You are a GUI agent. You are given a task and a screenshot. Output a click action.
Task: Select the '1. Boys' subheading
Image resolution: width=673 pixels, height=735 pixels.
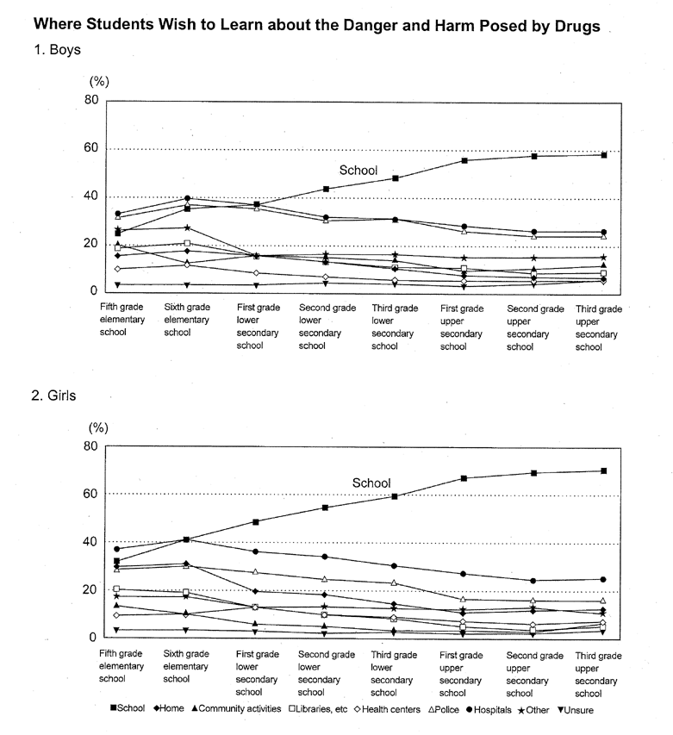coord(58,50)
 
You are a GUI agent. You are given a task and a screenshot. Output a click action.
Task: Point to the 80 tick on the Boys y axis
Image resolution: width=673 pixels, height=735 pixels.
coord(90,100)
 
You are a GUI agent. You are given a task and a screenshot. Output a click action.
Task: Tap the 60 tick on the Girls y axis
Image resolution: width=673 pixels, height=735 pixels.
coord(90,494)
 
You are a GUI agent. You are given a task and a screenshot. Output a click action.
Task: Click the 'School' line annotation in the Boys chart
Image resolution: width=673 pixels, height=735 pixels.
coord(358,171)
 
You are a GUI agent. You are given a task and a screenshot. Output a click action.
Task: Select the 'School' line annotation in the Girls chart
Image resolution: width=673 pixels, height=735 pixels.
coord(371,483)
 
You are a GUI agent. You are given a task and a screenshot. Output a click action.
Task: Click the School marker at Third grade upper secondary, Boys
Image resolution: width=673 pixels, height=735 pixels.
coord(605,155)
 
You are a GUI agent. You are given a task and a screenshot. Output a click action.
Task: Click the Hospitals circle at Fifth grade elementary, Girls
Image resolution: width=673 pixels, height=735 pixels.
coord(117,549)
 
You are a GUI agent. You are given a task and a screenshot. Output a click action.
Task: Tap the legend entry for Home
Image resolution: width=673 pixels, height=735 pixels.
coord(169,709)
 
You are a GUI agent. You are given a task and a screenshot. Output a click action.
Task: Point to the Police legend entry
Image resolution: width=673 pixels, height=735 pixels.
coord(460,709)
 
